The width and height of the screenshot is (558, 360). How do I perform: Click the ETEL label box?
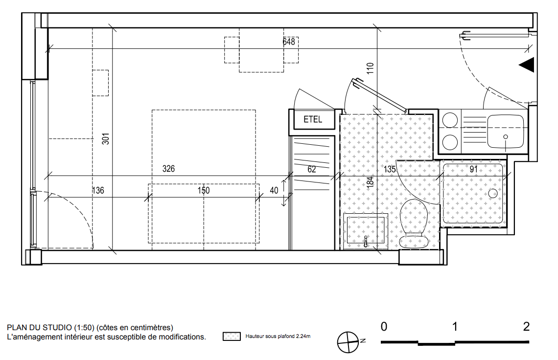coord(314,119)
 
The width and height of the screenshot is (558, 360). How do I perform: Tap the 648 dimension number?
coord(289,42)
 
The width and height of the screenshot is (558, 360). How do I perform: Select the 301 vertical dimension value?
coord(106,139)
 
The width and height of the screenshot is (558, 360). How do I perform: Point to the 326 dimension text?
coord(168,169)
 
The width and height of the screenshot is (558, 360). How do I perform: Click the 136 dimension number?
coord(98,190)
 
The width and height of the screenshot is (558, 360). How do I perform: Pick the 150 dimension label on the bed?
coord(204,190)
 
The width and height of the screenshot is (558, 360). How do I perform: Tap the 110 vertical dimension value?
coord(370,68)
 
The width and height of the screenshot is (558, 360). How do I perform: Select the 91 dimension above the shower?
coord(474,169)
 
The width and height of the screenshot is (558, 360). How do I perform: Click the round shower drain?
coord(493,194)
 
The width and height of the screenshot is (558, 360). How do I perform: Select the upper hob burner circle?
coord(450,120)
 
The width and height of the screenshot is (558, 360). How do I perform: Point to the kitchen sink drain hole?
coord(506,136)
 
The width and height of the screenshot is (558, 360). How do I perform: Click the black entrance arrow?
coord(527,65)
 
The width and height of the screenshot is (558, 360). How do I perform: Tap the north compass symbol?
coord(348,342)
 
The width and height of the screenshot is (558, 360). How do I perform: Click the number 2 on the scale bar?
coord(526,326)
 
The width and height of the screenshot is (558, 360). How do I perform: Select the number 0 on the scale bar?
coord(384,326)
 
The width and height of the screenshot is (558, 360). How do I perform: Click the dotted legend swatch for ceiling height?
coord(232,336)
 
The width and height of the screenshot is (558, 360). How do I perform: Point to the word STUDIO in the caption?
coord(57,328)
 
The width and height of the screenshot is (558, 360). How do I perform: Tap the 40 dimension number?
coord(274,190)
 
